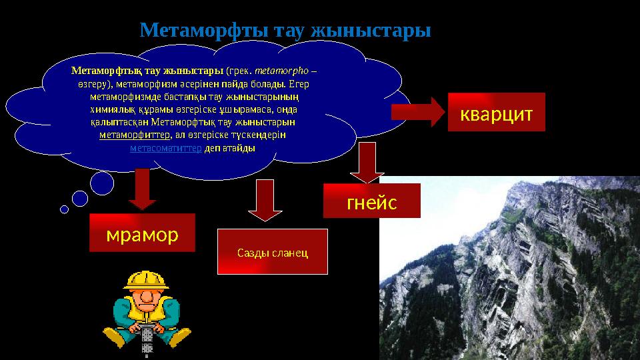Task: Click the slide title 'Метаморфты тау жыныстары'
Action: pyautogui.click(x=285, y=31)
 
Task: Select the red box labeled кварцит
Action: pyautogui.click(x=496, y=112)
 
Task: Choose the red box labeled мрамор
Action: pyautogui.click(x=142, y=233)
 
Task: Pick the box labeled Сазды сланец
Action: pyautogui.click(x=273, y=252)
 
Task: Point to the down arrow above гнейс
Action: pyautogui.click(x=363, y=163)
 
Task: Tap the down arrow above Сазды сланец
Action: pyautogui.click(x=265, y=199)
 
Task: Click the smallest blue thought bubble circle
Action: pyautogui.click(x=64, y=209)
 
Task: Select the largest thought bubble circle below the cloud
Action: pyautogui.click(x=102, y=183)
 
